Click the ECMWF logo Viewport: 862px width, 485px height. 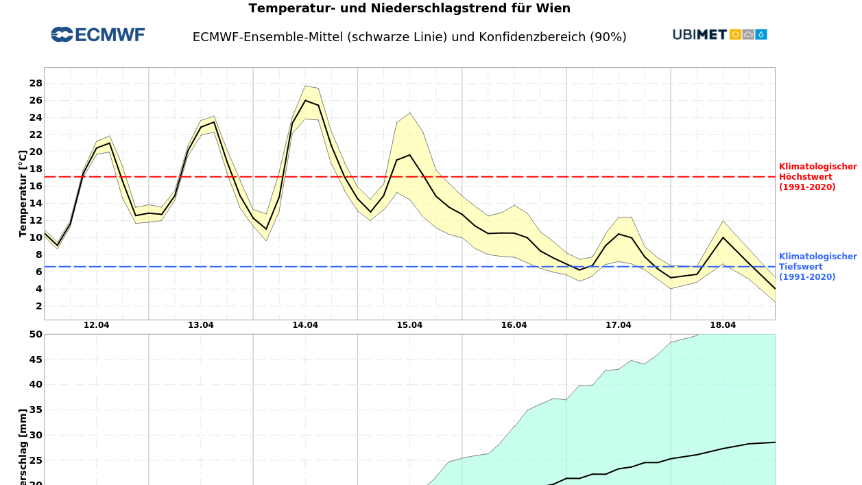(98, 35)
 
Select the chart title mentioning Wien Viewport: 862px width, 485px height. (409, 8)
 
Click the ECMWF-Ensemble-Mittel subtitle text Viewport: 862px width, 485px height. (409, 37)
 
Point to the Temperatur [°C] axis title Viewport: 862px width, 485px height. (23, 193)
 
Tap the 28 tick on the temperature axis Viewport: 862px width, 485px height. (36, 83)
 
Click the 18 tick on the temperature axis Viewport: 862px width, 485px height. (36, 169)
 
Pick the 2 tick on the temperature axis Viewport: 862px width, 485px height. (39, 306)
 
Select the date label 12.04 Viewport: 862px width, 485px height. (97, 325)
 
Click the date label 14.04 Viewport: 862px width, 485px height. (305, 325)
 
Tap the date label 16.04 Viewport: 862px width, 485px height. (514, 325)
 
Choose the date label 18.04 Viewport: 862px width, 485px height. (723, 325)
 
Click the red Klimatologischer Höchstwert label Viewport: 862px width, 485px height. (817, 177)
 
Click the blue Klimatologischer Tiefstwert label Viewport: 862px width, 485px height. (817, 267)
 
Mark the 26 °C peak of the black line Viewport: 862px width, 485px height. (306, 100)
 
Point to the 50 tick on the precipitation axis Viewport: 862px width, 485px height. (36, 334)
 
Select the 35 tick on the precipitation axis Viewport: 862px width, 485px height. (36, 410)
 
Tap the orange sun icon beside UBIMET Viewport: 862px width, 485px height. (735, 34)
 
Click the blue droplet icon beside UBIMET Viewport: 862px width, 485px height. (761, 34)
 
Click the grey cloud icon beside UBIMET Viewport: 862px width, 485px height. (748, 34)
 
